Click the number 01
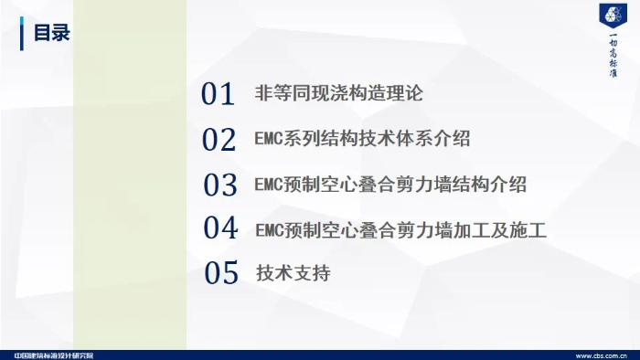(219, 94)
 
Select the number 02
(219, 140)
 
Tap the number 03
(220, 185)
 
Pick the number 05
(220, 273)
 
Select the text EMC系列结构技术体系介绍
(363, 140)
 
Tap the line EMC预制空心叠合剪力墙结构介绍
(390, 185)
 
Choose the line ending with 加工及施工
(400, 229)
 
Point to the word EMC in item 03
(271, 185)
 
